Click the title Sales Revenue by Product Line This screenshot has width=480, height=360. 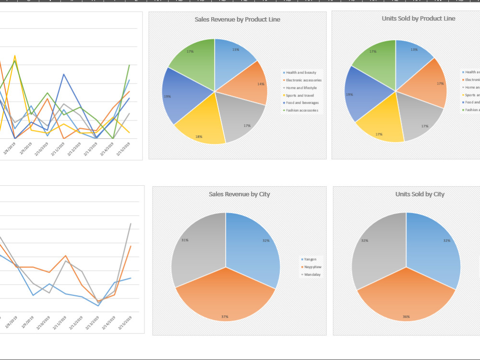coord(237,20)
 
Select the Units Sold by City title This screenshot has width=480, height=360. coord(420,194)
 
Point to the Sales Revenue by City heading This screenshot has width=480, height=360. coord(239,194)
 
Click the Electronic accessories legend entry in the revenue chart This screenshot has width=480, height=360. coord(303,80)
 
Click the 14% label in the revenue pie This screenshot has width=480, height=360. coord(261,84)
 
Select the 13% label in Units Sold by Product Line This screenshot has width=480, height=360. coord(414,49)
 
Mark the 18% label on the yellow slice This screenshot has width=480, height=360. coord(198,136)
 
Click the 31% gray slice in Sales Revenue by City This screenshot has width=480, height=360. coord(197,250)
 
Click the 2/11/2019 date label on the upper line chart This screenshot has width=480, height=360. coord(59,148)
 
